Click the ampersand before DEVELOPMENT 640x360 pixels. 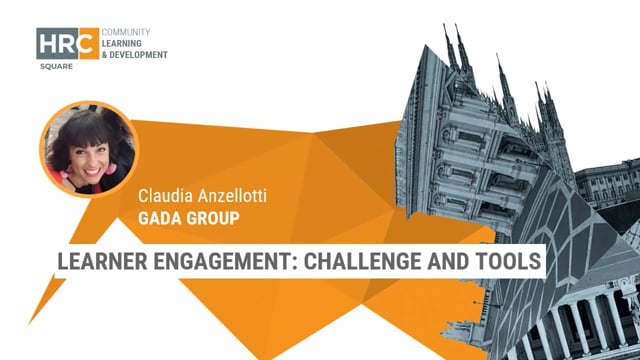click(106, 55)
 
